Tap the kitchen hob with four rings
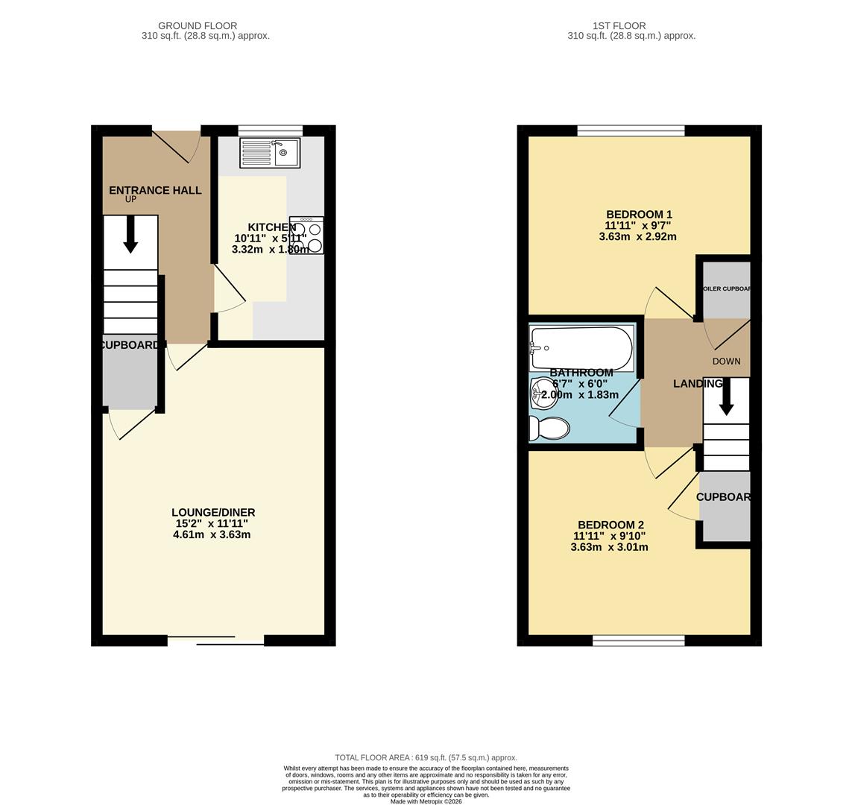307,236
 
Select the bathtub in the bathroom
581,348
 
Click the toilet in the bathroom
550,428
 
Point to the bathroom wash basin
543,393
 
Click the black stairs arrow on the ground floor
130,234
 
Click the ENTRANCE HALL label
155,190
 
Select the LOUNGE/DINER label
213,512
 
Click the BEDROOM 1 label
639,214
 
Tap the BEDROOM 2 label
610,524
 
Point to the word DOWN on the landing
726,361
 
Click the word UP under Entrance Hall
130,200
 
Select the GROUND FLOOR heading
198,25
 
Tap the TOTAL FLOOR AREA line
426,757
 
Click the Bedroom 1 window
631,131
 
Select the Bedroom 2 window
638,640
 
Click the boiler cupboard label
726,288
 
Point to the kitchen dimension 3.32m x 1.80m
270,249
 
